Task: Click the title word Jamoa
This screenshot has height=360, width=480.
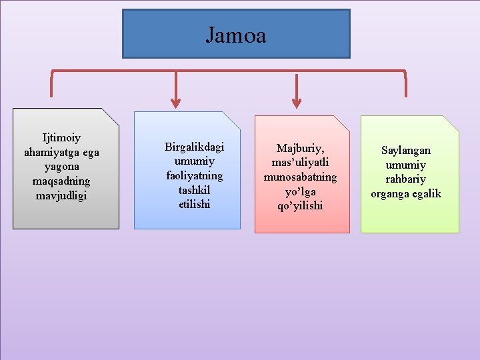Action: [x=235, y=35]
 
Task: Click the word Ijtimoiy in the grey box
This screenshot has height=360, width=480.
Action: [x=61, y=138]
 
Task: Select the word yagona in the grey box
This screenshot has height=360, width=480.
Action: [x=61, y=167]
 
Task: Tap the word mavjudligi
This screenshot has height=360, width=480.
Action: [x=61, y=196]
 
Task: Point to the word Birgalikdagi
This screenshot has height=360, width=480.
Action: [x=195, y=147]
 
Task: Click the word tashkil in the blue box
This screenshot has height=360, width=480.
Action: [x=195, y=190]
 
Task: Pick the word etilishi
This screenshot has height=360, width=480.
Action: [x=195, y=205]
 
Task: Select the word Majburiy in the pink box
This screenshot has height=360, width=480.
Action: [x=299, y=148]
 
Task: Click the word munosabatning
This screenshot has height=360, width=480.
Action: [x=300, y=177]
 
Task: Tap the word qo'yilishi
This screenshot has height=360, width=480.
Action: [x=300, y=206]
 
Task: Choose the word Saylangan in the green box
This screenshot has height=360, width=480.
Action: [x=406, y=151]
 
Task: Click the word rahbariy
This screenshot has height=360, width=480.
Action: [x=405, y=179]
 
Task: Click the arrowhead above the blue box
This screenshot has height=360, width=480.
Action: [x=176, y=102]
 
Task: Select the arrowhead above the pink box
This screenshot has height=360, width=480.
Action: [x=297, y=102]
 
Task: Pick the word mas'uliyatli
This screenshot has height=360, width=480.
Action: [x=300, y=163]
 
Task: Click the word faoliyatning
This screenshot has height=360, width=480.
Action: [x=195, y=176]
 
